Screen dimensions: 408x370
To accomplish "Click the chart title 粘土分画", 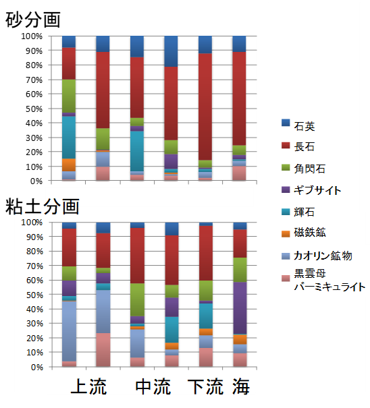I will pos(43,205).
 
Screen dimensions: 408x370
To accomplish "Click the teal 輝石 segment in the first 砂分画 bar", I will pos(69,138).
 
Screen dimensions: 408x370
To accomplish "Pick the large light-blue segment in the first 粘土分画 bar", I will pos(69,330).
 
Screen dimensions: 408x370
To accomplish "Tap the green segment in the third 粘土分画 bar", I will pos(137,299).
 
